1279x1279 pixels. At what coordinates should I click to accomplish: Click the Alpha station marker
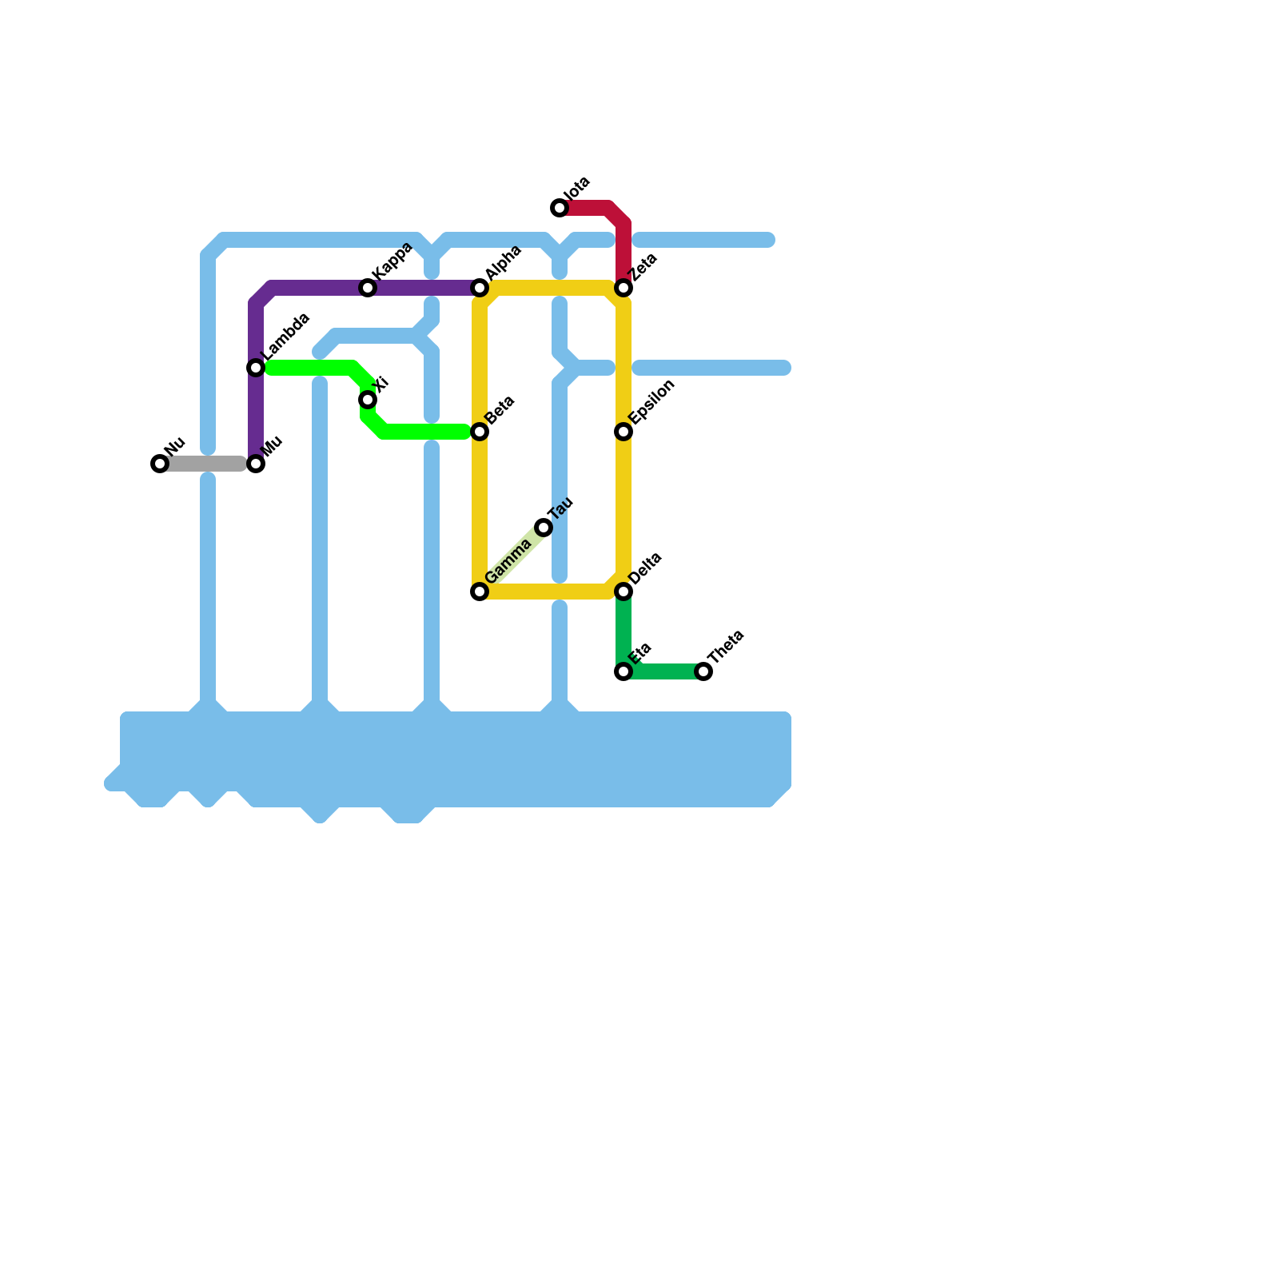click(x=480, y=288)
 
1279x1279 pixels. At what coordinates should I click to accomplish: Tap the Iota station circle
click(x=560, y=208)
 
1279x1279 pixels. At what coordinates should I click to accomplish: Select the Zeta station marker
click(x=624, y=288)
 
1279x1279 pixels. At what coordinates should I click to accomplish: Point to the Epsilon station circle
click(x=624, y=432)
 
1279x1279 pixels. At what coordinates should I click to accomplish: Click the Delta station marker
click(x=624, y=592)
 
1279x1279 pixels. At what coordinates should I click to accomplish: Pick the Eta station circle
click(x=624, y=671)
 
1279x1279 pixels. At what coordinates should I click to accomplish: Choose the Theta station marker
click(x=703, y=671)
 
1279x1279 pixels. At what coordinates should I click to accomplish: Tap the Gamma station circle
click(x=480, y=592)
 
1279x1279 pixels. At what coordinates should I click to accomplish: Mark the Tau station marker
click(x=544, y=528)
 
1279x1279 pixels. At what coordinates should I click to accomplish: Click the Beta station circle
click(x=480, y=432)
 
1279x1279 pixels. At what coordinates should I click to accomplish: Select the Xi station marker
click(x=368, y=400)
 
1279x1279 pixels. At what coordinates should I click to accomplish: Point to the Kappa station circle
click(x=368, y=288)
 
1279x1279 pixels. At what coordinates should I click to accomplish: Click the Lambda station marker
click(x=256, y=368)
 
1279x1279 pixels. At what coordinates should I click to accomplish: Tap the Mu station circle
click(x=256, y=464)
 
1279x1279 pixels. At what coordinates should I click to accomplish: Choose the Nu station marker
click(x=160, y=464)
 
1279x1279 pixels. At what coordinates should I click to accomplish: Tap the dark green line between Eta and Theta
click(x=663, y=671)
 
